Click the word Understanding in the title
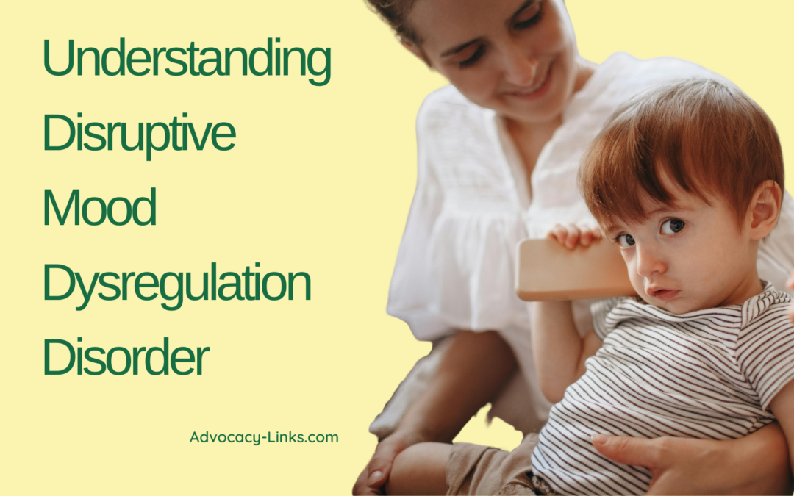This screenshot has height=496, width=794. pyautogui.click(x=187, y=62)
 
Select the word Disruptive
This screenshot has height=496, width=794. pyautogui.click(x=139, y=134)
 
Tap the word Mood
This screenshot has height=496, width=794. pyautogui.click(x=99, y=208)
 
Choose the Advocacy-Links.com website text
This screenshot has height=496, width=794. pyautogui.click(x=264, y=437)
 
